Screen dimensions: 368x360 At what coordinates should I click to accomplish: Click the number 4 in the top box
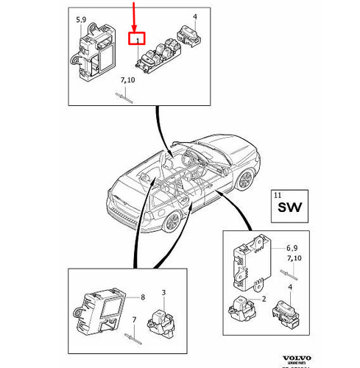point(194,16)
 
